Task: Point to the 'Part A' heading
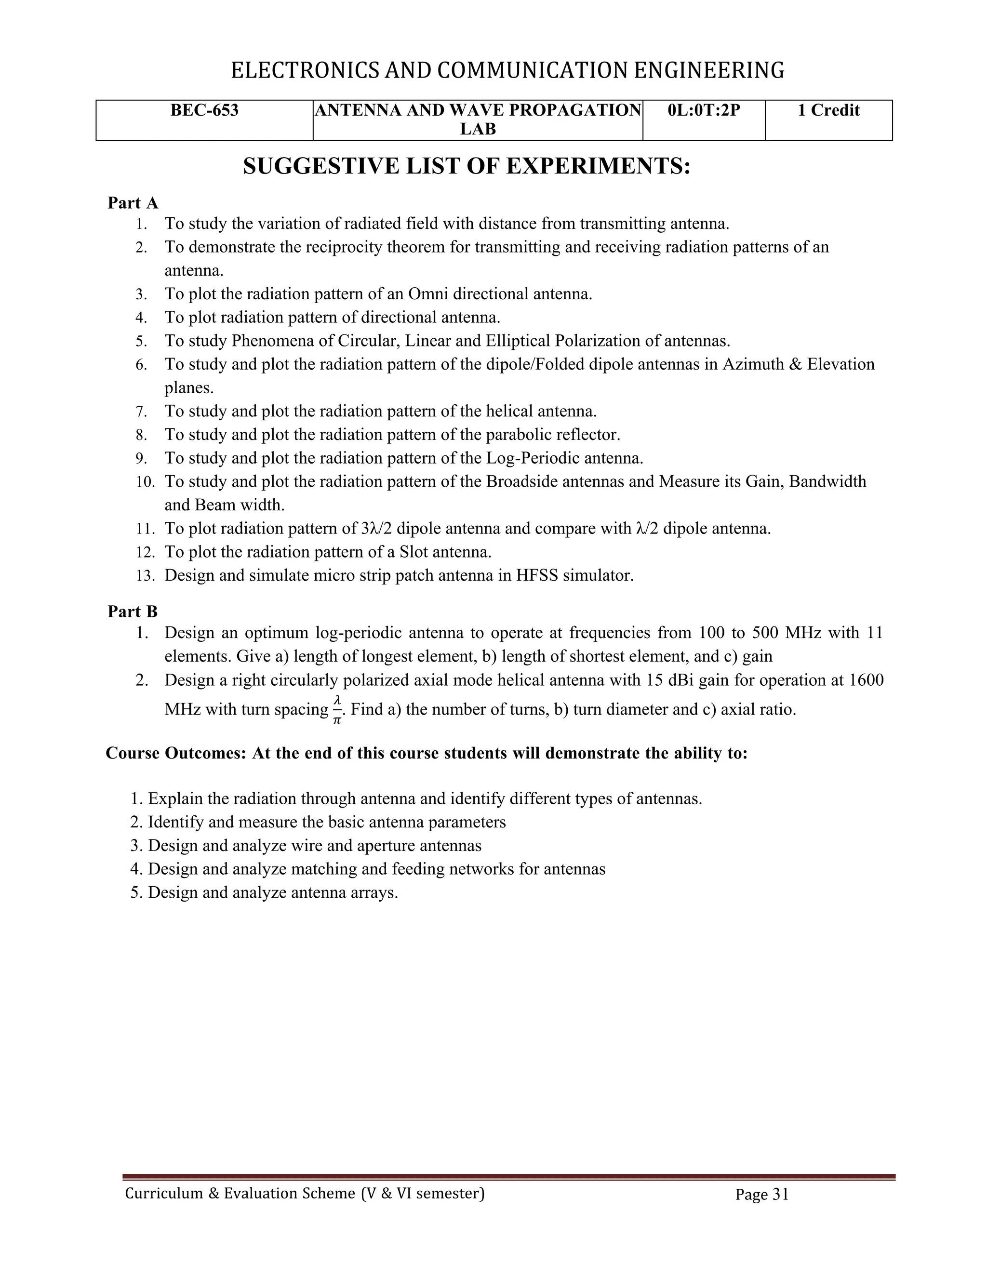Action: [x=133, y=203]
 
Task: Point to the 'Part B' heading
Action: [x=133, y=612]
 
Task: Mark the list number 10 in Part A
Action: [x=145, y=482]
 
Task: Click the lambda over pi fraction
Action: [x=337, y=709]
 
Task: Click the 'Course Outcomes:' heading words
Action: [x=176, y=753]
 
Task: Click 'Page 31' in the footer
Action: [x=762, y=1195]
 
